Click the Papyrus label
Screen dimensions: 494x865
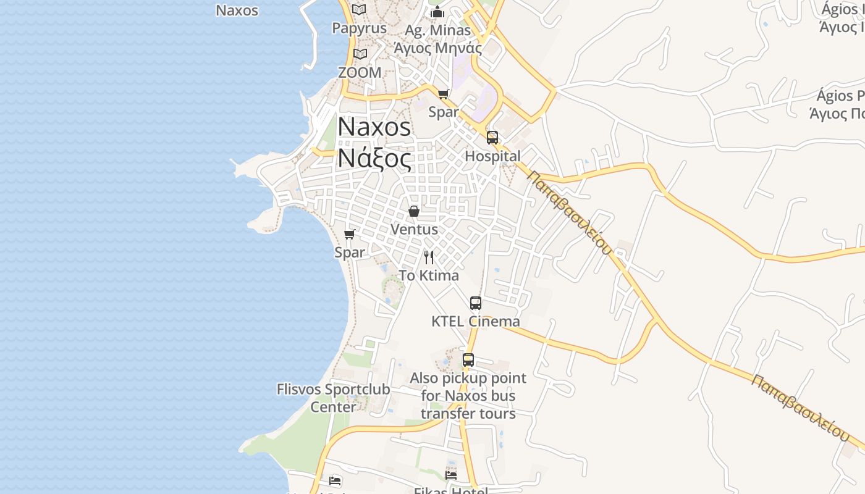tap(359, 28)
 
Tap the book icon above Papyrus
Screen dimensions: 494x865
tap(359, 9)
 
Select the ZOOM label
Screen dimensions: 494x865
tap(360, 72)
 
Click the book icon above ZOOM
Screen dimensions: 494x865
tap(360, 54)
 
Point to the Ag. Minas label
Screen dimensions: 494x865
tap(437, 30)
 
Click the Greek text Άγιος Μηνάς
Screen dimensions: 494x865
tap(437, 48)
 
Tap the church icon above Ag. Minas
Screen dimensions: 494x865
tap(437, 12)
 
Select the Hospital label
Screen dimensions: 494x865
tap(492, 156)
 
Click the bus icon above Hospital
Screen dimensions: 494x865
tap(492, 138)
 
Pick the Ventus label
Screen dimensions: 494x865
tap(414, 229)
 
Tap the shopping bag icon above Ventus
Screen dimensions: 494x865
tap(414, 211)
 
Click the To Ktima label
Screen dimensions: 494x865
tap(429, 275)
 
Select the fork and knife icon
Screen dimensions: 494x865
tap(429, 257)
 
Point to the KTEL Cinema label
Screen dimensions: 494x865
tap(475, 321)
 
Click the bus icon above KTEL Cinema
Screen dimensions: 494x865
tap(475, 303)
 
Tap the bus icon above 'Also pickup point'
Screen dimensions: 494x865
tap(468, 360)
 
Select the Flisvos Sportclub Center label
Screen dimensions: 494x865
tap(333, 398)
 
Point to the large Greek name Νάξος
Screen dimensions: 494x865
tap(374, 159)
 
